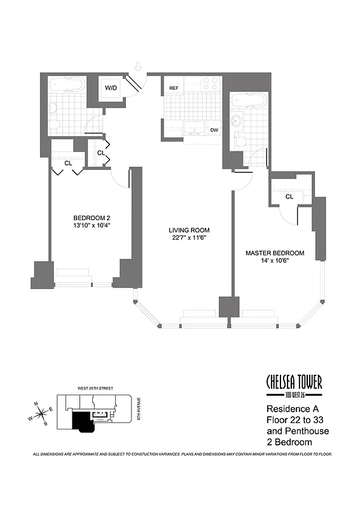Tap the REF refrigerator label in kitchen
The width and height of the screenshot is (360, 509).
(x=174, y=88)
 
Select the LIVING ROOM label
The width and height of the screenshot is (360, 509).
(x=189, y=230)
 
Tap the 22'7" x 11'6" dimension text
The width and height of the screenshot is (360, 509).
(x=189, y=238)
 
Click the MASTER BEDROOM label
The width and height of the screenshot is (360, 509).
(x=275, y=253)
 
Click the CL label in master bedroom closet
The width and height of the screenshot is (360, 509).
(x=289, y=197)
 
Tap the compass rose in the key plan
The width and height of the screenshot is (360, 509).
(x=41, y=414)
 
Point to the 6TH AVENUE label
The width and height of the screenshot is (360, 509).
(x=139, y=409)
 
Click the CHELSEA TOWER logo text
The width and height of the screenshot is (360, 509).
(x=294, y=382)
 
